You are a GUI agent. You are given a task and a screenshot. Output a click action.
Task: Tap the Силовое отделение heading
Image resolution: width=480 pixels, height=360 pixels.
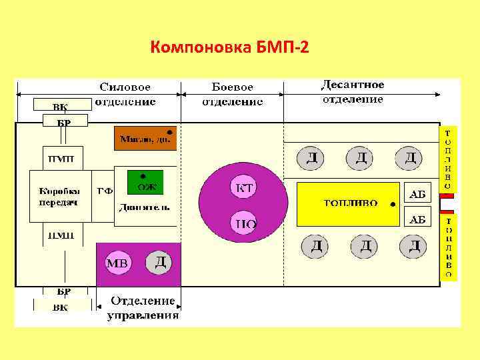coord(125,95)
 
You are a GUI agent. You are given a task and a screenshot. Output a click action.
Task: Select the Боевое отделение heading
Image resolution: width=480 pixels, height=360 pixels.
coord(232,95)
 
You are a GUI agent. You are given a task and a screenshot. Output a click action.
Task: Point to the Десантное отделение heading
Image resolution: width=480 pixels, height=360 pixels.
coord(353,92)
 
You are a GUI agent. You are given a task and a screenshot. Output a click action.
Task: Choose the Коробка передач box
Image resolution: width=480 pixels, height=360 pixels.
coord(59,197)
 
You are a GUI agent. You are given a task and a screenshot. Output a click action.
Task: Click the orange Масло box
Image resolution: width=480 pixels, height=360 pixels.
coord(145,138)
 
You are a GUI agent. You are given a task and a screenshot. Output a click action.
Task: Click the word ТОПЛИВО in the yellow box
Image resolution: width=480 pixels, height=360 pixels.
coord(351,203)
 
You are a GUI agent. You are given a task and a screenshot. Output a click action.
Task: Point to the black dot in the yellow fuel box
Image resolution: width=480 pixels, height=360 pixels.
coord(393,201)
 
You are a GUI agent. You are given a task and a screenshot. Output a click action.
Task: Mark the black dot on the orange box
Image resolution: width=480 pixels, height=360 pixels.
coord(170,132)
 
